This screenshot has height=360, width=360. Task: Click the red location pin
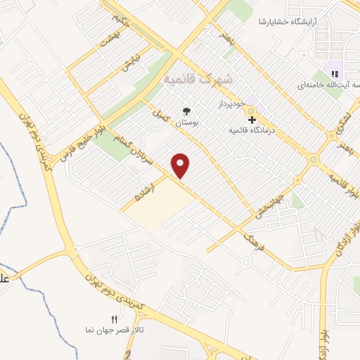[x=181, y=165]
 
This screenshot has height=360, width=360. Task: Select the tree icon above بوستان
[x=186, y=111]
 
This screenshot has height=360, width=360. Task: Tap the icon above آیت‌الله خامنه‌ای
[x=335, y=73]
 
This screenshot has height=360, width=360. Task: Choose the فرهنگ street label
[x=254, y=243]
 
